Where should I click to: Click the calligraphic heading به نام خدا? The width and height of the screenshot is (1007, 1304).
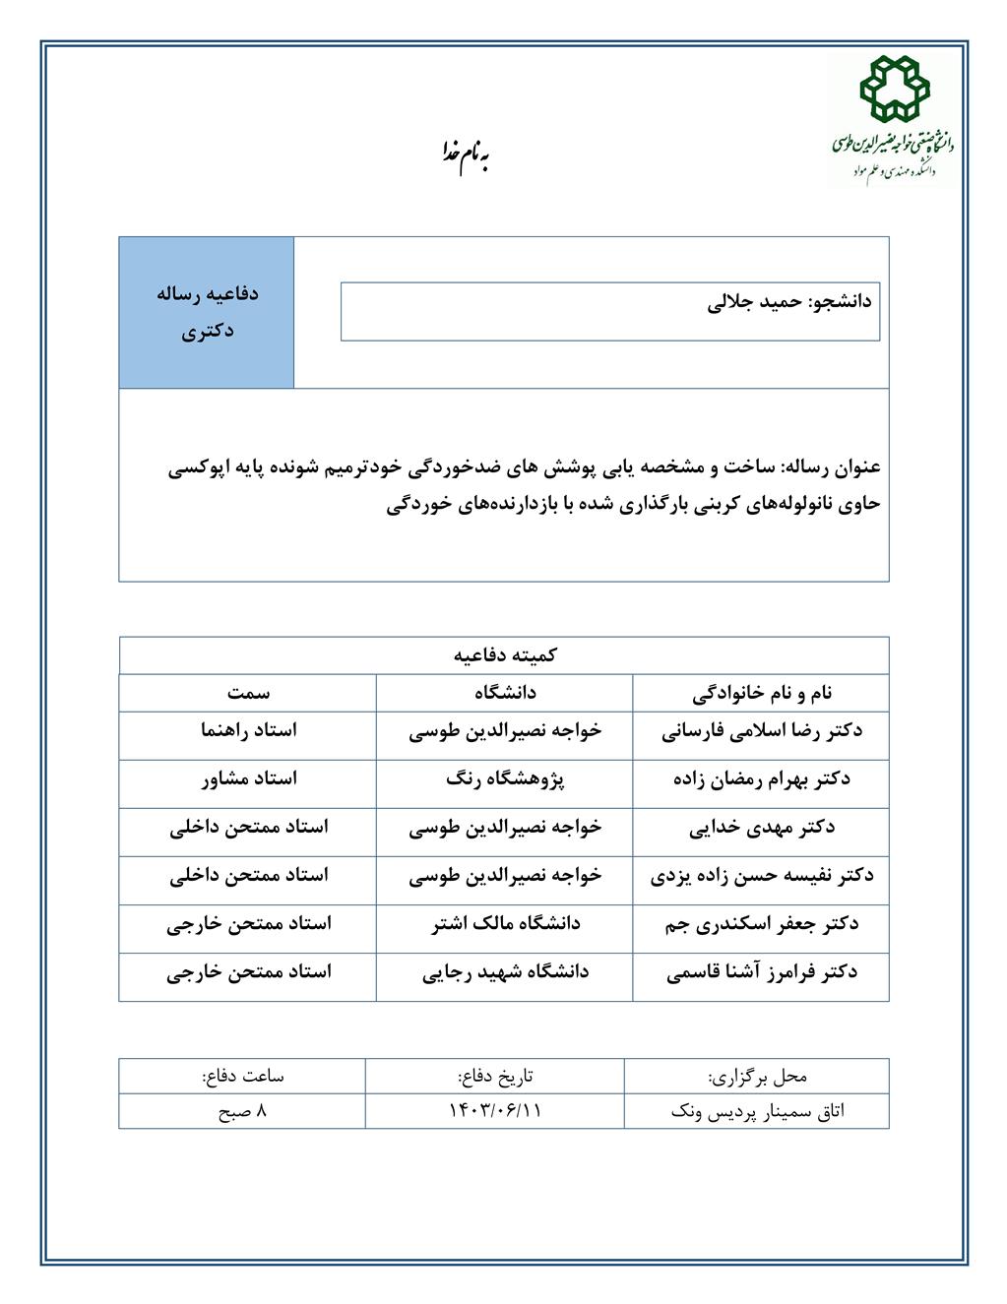[x=464, y=155]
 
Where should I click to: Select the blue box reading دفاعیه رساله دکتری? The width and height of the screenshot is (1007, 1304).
[x=207, y=312]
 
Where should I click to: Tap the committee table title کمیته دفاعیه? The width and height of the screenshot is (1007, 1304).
[x=504, y=655]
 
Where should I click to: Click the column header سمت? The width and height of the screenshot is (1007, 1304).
[x=248, y=693]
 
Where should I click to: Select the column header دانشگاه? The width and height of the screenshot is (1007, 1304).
[x=505, y=693]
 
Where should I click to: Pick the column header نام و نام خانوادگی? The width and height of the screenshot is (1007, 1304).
[x=762, y=693]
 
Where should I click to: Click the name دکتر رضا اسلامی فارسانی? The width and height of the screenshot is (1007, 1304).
[x=762, y=731]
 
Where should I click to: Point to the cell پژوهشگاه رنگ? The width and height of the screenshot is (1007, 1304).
[x=505, y=779]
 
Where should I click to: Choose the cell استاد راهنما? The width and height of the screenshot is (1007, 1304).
[x=248, y=731]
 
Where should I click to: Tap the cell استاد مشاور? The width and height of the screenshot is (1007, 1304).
[x=248, y=779]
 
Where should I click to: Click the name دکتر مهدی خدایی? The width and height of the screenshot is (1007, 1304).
[x=762, y=828]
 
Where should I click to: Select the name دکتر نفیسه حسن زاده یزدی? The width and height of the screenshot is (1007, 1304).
[x=762, y=876]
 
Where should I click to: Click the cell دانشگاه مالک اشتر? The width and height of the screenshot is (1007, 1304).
[x=505, y=924]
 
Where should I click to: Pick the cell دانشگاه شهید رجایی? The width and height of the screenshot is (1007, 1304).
[x=505, y=972]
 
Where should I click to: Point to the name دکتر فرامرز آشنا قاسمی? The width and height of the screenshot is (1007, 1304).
[x=762, y=972]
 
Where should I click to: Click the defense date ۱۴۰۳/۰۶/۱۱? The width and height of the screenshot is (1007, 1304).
[x=495, y=1111]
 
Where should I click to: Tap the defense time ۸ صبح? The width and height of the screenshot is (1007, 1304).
[x=242, y=1111]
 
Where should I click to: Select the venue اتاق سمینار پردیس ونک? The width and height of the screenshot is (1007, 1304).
[x=757, y=1111]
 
